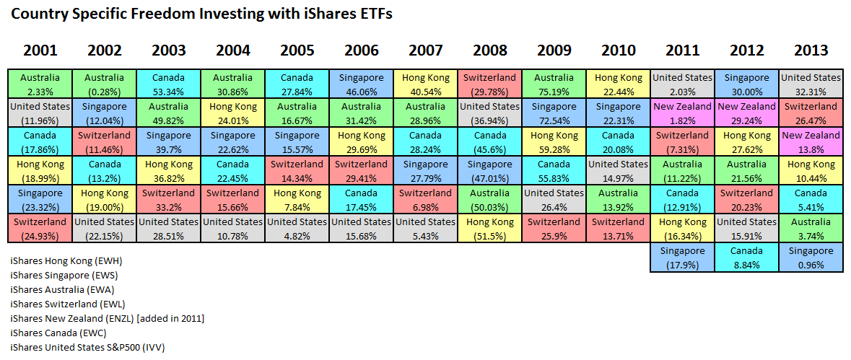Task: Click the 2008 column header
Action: tap(490, 51)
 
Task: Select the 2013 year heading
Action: tap(811, 51)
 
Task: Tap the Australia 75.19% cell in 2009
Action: tap(554, 84)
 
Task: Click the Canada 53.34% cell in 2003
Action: tap(169, 84)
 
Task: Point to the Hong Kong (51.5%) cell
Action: tap(489, 228)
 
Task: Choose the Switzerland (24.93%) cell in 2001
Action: tap(40, 228)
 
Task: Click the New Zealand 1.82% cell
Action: tap(682, 113)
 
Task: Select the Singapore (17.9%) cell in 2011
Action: tap(682, 257)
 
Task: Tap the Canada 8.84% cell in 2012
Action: tap(746, 257)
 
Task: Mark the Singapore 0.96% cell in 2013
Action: tap(811, 257)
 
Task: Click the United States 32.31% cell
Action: tap(811, 84)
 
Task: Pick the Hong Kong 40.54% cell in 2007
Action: tap(425, 84)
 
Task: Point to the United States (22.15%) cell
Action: tap(105, 228)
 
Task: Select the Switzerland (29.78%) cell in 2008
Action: tap(489, 84)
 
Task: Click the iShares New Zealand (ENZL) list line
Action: tap(107, 318)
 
